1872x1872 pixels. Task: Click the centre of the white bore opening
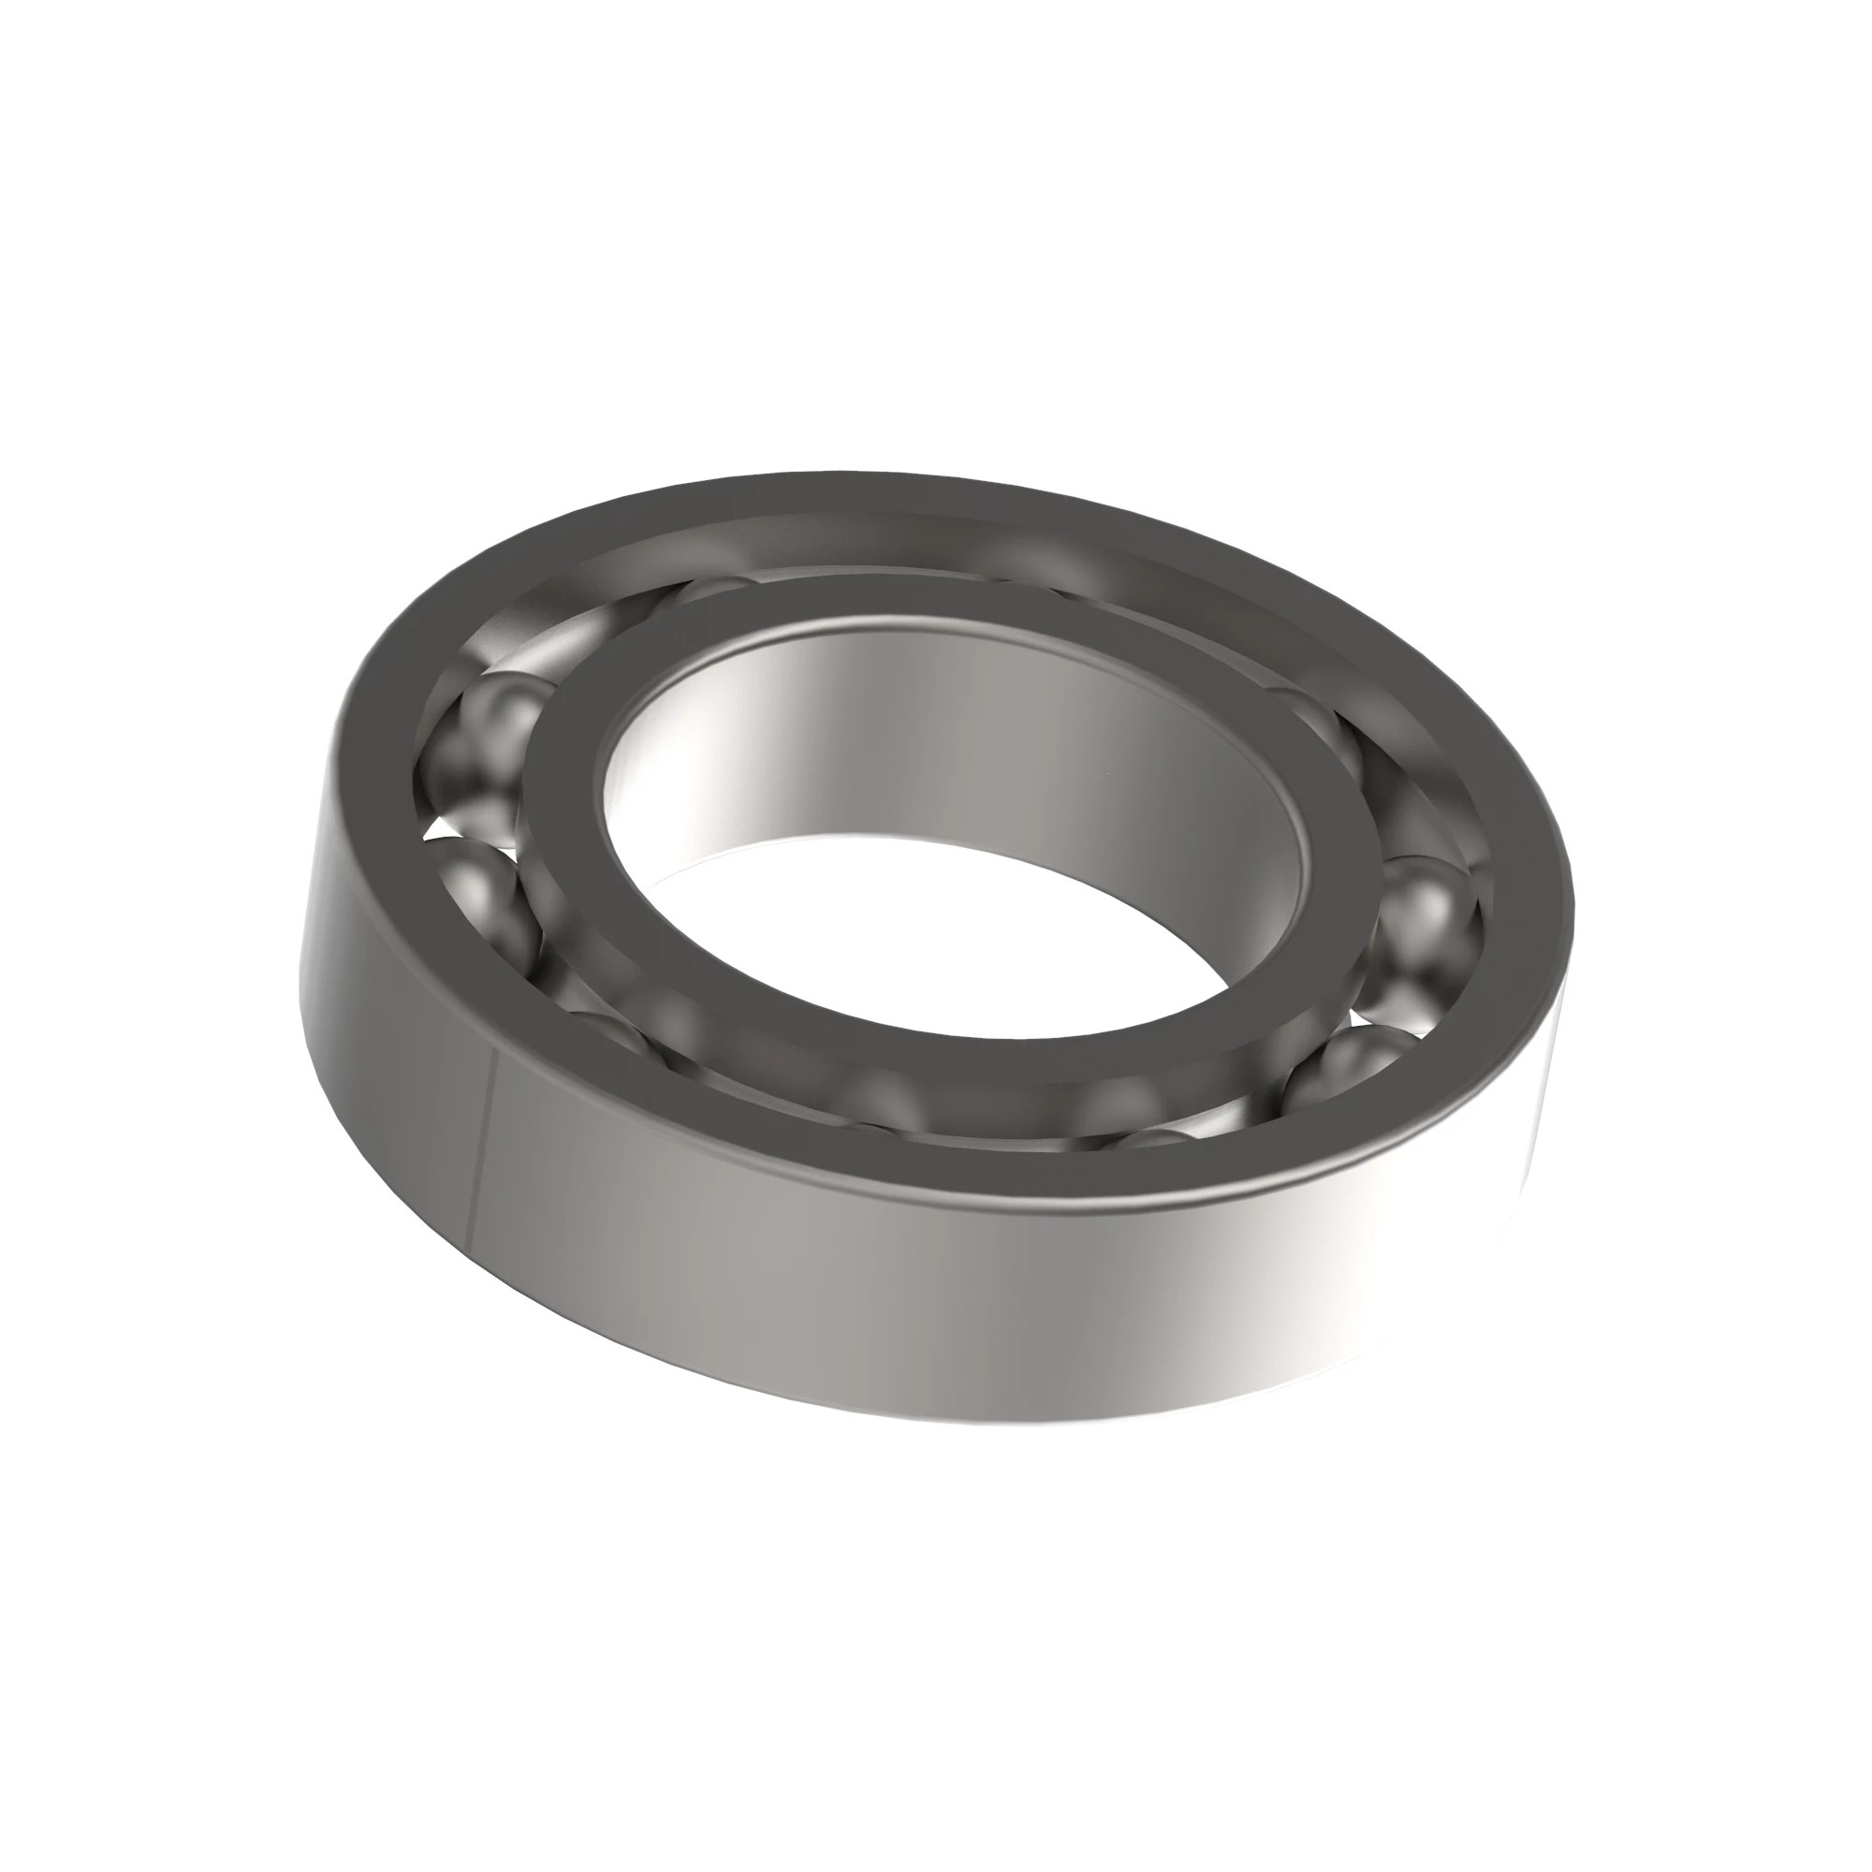pos(930,930)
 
